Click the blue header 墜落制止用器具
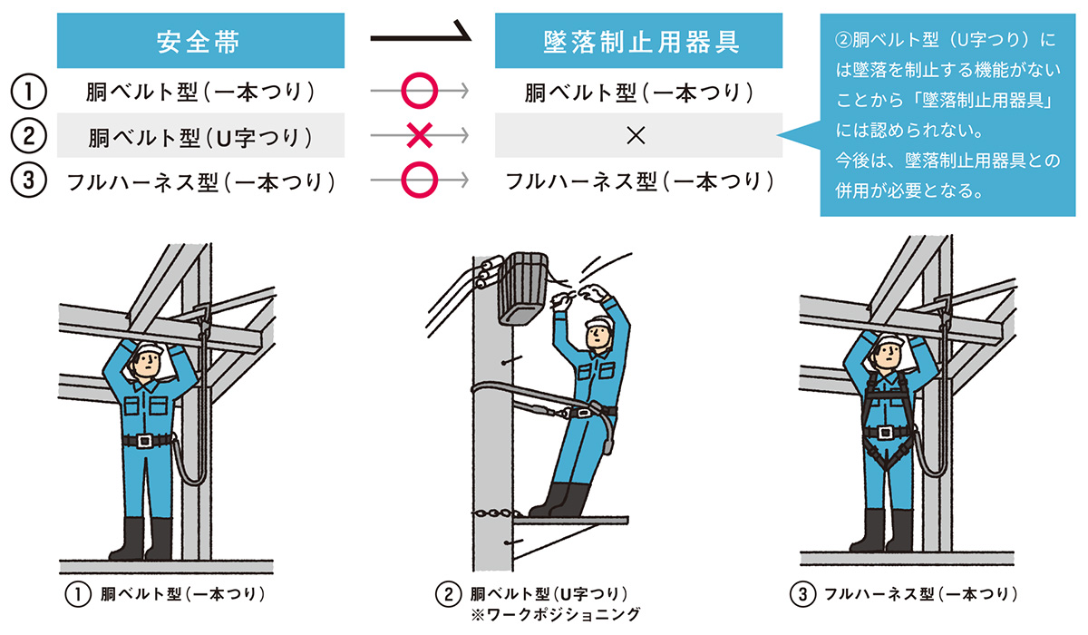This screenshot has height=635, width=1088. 638,42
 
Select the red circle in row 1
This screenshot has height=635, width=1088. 419,91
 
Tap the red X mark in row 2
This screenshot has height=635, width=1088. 419,136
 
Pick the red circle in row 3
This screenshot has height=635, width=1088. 419,181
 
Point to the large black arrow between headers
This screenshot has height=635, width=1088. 423,38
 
